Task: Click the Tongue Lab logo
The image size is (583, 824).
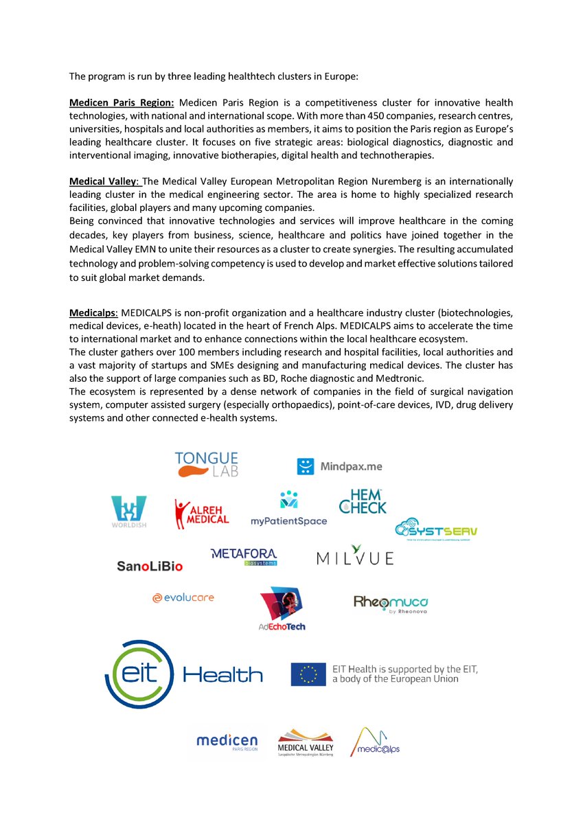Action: point(207,464)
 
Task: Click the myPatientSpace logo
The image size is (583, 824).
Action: point(288,509)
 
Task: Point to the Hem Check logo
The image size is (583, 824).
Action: point(363,502)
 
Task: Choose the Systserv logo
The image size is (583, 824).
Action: point(436,531)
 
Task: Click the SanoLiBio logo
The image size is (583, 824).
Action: point(150,566)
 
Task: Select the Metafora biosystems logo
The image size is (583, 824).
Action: point(244,557)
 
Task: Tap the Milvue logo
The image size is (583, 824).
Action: point(355,556)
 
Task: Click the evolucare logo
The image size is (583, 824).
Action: point(183,598)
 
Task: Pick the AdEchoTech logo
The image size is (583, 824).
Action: point(282,608)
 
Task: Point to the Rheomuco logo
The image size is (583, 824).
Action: point(391,603)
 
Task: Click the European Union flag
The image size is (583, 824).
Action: point(308,674)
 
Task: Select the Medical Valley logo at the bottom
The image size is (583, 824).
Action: point(305,743)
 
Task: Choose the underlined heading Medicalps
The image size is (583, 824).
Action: point(93,312)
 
